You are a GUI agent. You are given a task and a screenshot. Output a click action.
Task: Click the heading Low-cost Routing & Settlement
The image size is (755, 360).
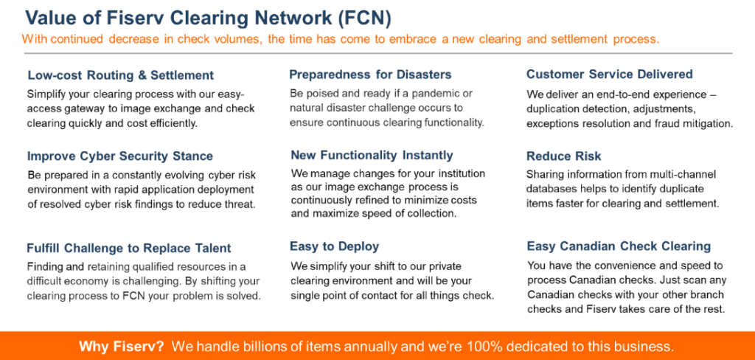coord(120,76)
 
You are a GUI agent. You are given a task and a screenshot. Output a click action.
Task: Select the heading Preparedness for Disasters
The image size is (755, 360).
coord(370,75)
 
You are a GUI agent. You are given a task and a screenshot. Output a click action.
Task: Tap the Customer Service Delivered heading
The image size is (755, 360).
coord(610,75)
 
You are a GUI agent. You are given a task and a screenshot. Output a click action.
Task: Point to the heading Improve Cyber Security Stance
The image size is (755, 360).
coord(120,156)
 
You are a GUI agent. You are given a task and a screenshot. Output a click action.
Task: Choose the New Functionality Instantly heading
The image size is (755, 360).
coord(372,155)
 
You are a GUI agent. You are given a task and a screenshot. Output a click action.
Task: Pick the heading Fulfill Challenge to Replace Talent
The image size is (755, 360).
coord(129,248)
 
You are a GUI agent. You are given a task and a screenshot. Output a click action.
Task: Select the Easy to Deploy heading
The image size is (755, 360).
coord(334,246)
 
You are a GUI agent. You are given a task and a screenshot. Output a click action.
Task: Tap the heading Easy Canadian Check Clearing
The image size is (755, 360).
coord(619,246)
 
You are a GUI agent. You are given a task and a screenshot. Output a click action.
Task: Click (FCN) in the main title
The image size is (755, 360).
coord(364,18)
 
